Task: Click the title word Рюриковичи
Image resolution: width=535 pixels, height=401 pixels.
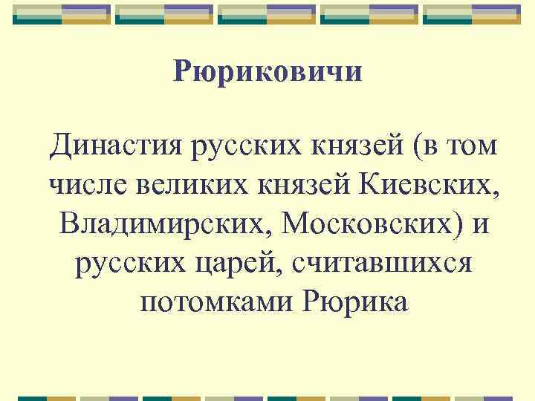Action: (267, 72)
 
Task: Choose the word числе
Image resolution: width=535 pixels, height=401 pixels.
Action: (82, 183)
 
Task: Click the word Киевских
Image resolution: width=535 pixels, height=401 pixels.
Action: (423, 183)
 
